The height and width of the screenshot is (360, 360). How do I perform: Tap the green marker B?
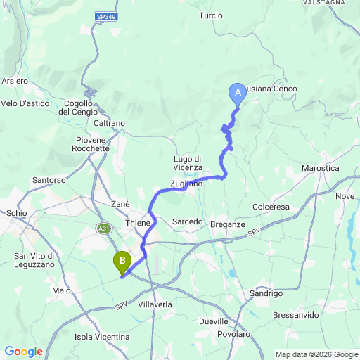[x=123, y=262]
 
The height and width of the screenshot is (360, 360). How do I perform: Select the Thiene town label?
[x=137, y=222]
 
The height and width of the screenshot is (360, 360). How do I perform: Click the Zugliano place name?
[x=186, y=184]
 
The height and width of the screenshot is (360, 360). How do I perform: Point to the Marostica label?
[x=320, y=169]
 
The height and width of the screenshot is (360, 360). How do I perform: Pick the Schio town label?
[x=16, y=212]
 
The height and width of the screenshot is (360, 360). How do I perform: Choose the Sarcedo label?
[x=187, y=221]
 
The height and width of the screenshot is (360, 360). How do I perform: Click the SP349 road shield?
[x=107, y=15]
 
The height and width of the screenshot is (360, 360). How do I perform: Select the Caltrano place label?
[x=109, y=123]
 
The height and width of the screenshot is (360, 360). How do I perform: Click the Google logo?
[x=23, y=351]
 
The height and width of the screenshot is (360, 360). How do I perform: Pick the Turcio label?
[x=211, y=15]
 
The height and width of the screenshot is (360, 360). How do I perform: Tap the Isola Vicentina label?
[x=102, y=337]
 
